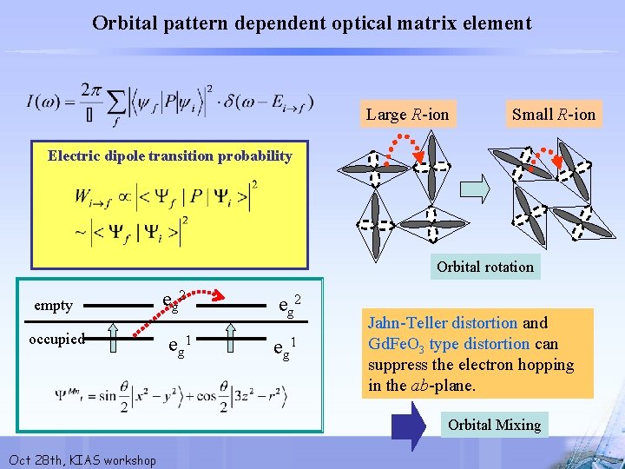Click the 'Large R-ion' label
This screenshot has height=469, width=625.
pyautogui.click(x=407, y=114)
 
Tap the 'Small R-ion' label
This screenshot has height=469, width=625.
pyautogui.click(x=553, y=114)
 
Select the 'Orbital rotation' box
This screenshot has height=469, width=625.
pyautogui.click(x=485, y=267)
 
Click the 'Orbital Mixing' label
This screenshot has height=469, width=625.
pyautogui.click(x=494, y=425)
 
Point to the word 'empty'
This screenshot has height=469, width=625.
pyautogui.click(x=53, y=305)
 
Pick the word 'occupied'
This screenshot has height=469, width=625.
pyautogui.click(x=56, y=338)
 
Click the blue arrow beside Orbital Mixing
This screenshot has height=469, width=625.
pyautogui.click(x=407, y=424)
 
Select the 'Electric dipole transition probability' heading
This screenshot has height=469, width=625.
pyautogui.click(x=170, y=156)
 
